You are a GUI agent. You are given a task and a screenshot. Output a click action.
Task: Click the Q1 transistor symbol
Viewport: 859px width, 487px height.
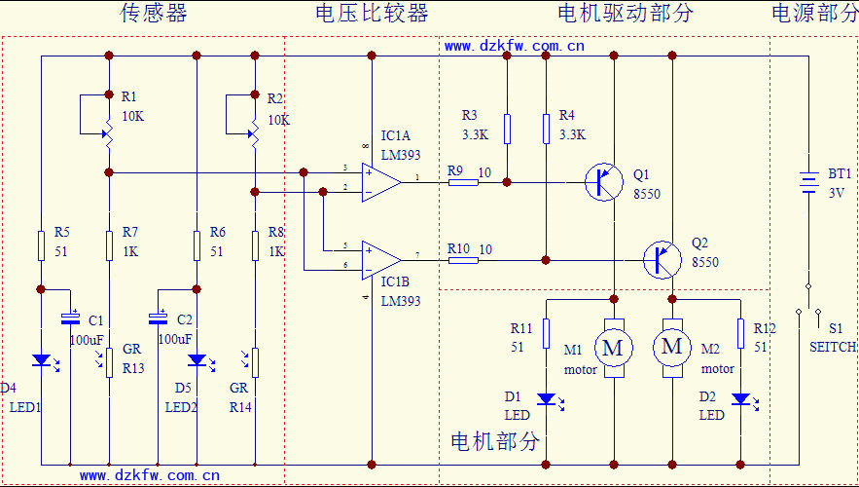tap(604, 182)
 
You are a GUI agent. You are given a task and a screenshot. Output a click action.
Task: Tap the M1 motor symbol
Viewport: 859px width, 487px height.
tap(613, 347)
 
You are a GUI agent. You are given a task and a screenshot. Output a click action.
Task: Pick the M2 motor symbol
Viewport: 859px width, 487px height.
tap(671, 347)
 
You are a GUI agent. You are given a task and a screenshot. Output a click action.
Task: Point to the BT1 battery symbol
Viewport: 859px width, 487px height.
tap(807, 183)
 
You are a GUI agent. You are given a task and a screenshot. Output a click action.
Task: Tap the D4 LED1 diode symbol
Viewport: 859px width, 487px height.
tap(41, 360)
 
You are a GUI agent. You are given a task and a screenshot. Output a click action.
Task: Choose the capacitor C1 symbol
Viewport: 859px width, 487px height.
tap(70, 318)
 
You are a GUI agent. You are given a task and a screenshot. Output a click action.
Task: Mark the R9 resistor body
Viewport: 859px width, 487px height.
tap(462, 181)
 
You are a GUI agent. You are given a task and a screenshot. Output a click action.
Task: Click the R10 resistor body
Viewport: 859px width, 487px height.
tap(462, 260)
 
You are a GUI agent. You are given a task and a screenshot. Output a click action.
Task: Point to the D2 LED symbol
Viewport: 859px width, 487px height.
tap(740, 398)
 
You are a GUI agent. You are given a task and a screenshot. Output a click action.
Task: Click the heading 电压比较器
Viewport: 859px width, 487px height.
tap(372, 13)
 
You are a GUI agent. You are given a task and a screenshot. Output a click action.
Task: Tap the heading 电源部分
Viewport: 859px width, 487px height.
tap(814, 13)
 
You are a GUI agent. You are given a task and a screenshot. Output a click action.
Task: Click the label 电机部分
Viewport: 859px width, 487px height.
tap(494, 441)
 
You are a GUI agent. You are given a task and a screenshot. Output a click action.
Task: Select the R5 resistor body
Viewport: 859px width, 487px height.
tap(41, 245)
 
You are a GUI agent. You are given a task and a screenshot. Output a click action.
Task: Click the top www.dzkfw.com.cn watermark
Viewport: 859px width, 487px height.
tap(514, 45)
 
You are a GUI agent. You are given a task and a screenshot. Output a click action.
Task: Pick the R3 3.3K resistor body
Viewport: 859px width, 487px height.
tap(507, 129)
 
